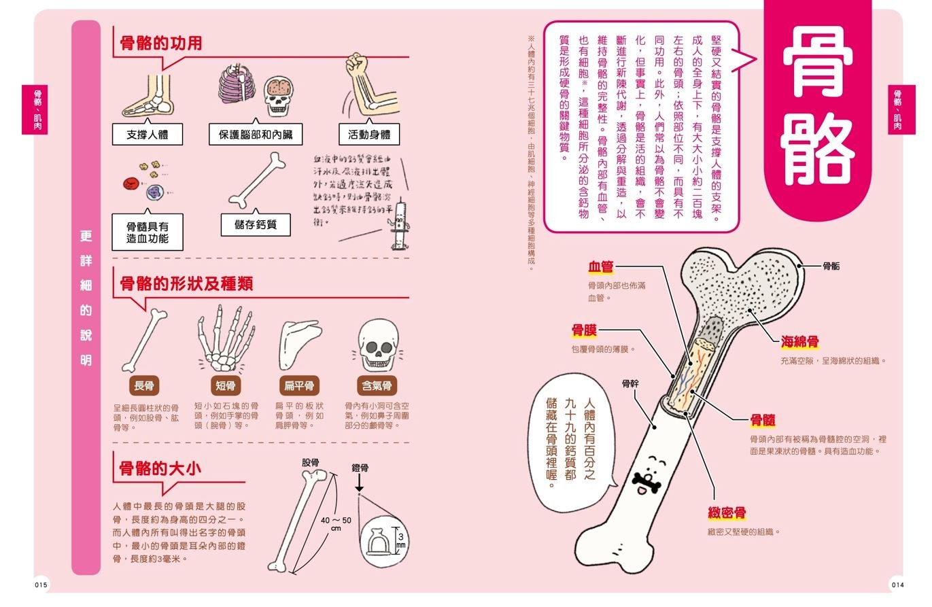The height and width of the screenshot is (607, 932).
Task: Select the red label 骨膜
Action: click(x=584, y=330)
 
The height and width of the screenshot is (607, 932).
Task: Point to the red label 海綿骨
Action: click(x=799, y=342)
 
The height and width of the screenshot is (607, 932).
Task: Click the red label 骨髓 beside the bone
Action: click(x=763, y=420)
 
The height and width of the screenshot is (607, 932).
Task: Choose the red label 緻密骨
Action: click(x=727, y=513)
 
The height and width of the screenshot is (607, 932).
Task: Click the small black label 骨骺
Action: click(x=831, y=266)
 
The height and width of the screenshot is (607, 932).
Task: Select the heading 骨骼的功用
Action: click(x=160, y=44)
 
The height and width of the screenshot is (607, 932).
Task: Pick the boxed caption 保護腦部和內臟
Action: click(x=255, y=135)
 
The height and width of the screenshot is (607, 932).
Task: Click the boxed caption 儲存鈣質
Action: click(x=255, y=224)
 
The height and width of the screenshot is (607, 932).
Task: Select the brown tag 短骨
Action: click(x=226, y=386)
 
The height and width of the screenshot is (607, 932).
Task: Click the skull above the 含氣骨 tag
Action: click(x=376, y=345)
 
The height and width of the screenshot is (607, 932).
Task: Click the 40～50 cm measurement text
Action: click(x=336, y=523)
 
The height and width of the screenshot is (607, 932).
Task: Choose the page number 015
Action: click(x=41, y=585)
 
